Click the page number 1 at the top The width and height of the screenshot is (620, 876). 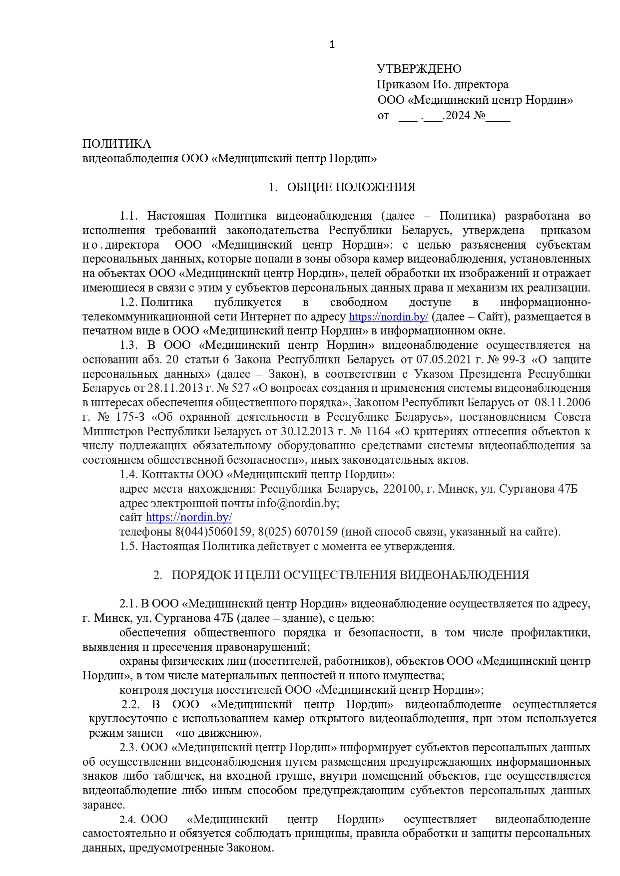pyautogui.click(x=332, y=45)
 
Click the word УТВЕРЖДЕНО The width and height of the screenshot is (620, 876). pyautogui.click(x=419, y=69)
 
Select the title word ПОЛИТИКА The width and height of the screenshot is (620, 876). pyautogui.click(x=116, y=144)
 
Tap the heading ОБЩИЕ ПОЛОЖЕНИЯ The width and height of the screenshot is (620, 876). pyautogui.click(x=351, y=187)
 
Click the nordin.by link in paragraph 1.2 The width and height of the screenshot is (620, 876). pyautogui.click(x=388, y=317)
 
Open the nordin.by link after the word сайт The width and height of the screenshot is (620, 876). pyautogui.click(x=189, y=517)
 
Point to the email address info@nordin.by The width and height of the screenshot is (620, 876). pyautogui.click(x=297, y=503)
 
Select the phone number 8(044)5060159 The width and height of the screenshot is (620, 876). pyautogui.click(x=213, y=532)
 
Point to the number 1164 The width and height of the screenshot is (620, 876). pyautogui.click(x=378, y=431)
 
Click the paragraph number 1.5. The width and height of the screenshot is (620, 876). pyautogui.click(x=128, y=546)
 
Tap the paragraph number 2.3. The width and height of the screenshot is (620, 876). pyautogui.click(x=128, y=747)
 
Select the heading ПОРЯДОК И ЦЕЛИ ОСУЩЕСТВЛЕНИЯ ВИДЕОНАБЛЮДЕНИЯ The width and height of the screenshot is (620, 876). pyautogui.click(x=350, y=575)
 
